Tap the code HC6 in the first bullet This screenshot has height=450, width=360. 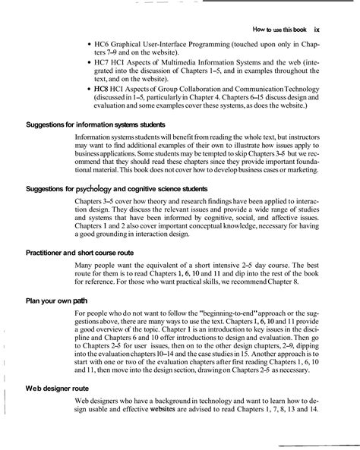click(102, 45)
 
